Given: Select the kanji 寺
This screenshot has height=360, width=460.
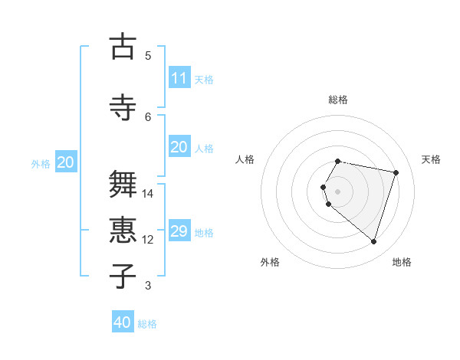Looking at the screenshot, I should pos(122,107).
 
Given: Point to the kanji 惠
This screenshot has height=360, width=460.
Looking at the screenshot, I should pos(122,231).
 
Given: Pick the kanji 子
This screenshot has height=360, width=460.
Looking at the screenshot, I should pos(122,276).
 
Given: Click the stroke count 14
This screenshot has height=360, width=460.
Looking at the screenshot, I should pos(148,194).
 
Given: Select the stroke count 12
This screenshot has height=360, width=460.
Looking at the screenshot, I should pos(148,240).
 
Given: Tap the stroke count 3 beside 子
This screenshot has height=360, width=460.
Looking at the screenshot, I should pos(148,286).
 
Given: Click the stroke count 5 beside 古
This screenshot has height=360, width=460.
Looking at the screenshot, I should pos(148,55).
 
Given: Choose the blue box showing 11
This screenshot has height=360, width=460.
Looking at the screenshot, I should pos(179,78).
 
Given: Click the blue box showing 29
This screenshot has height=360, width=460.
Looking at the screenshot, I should pos(179,231).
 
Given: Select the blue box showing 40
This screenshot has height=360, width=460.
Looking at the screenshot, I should pos(123,322).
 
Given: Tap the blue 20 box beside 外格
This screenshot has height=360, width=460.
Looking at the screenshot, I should pos(66,162).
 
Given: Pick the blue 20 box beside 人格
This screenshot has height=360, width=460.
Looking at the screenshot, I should pos(179,147).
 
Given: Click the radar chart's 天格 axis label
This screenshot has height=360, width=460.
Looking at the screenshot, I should pos(431,159).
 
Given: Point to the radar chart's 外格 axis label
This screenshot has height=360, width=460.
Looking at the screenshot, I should pos(270,262).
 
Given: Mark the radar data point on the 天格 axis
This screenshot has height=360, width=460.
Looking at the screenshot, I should pos(396,172).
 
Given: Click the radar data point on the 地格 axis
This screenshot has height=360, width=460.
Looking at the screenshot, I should pos(373,241).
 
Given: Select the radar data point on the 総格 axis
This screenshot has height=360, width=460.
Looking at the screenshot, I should pos(338,161).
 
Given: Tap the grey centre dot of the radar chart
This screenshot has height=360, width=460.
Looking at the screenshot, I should pos(338,191).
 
